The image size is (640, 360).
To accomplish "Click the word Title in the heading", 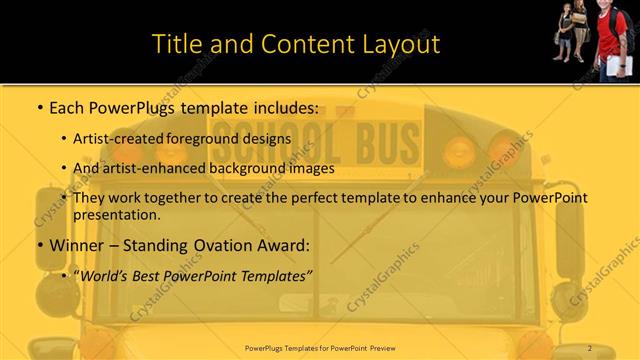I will click(x=176, y=45).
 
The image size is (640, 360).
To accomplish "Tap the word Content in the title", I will click(x=300, y=45).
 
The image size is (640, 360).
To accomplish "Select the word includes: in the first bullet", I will click(x=285, y=106).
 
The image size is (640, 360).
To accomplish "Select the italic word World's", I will click(x=107, y=274).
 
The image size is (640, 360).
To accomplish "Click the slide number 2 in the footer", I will click(x=591, y=347).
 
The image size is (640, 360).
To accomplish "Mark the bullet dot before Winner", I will click(x=39, y=246).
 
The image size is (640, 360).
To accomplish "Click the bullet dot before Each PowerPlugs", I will click(x=39, y=107).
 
